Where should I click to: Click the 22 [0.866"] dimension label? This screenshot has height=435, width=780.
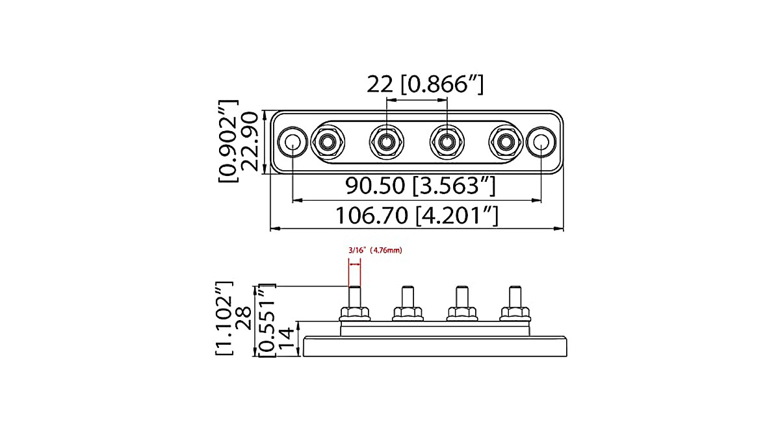(425, 84)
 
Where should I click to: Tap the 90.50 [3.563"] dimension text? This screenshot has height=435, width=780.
(421, 186)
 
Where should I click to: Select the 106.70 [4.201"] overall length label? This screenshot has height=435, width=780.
(417, 215)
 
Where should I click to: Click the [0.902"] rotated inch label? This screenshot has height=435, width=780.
(229, 142)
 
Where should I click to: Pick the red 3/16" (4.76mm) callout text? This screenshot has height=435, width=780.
(375, 250)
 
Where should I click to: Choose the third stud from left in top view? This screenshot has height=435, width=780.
(447, 142)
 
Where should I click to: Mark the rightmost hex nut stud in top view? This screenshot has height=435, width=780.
(505, 142)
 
